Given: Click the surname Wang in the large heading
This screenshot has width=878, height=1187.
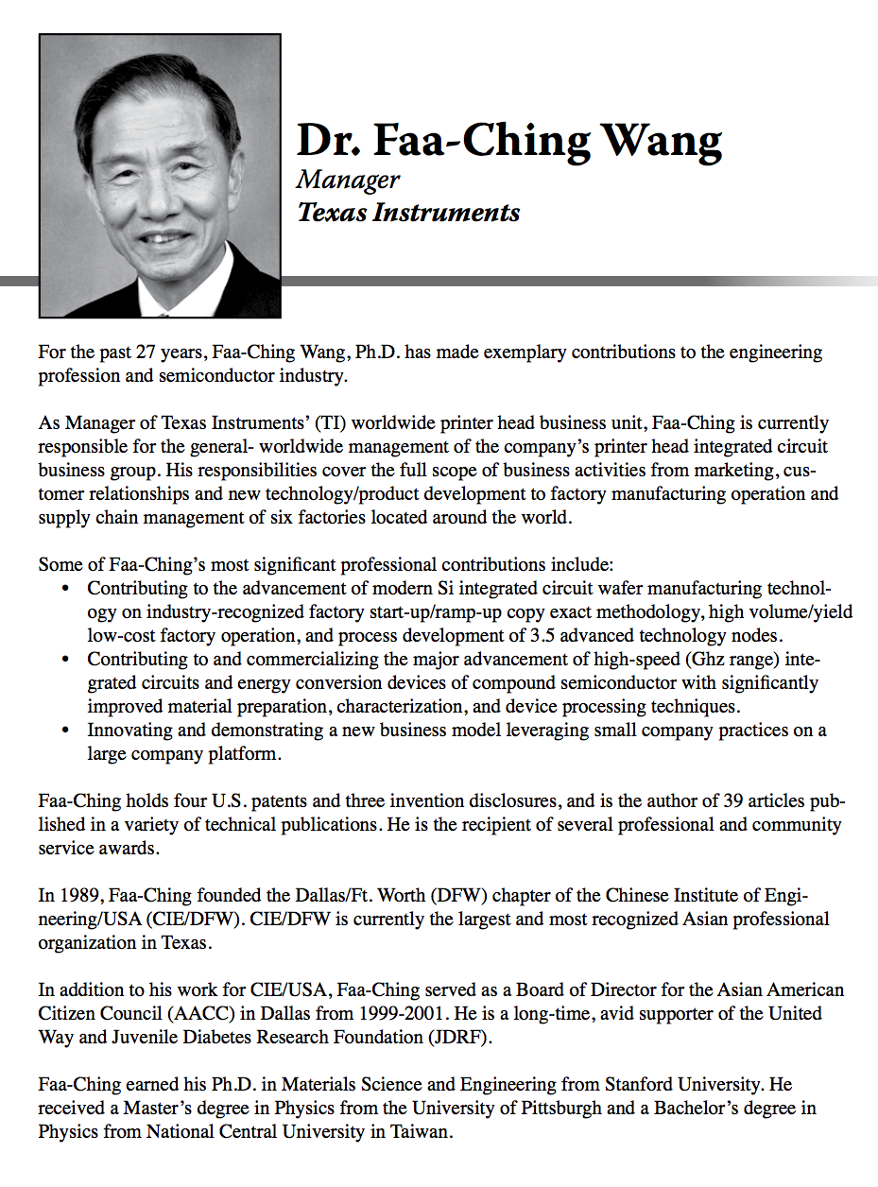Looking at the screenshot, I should click(663, 140).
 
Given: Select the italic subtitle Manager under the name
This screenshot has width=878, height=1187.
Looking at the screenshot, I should click(348, 180).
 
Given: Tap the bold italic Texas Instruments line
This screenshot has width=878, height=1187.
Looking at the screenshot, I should click(408, 212).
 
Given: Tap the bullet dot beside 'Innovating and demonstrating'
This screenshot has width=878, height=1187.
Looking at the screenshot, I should click(63, 731).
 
